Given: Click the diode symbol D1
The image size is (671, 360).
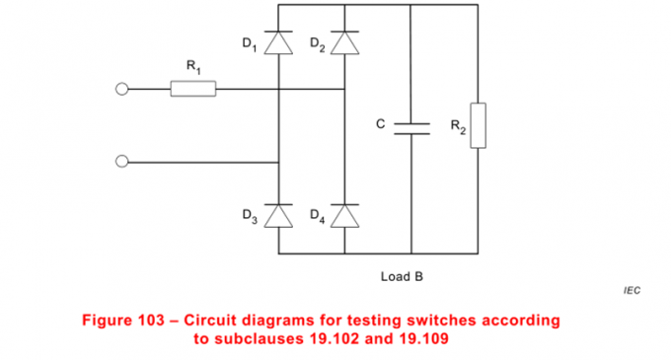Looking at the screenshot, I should [x=278, y=44].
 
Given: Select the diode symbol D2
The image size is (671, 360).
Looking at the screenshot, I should [x=343, y=44].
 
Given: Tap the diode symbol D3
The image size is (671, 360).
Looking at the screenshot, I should [x=278, y=215].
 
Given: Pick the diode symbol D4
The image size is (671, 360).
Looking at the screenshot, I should [x=343, y=215].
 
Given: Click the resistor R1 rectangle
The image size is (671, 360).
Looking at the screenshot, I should [x=192, y=90].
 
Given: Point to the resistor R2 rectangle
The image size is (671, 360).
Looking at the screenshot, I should [x=478, y=125].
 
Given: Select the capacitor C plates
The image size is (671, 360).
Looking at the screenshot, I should [x=411, y=126].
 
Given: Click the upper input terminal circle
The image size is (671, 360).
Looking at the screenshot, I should [x=122, y=90].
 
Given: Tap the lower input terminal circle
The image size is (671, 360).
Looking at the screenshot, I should [x=122, y=162].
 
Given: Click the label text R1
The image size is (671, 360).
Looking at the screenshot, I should [x=192, y=66].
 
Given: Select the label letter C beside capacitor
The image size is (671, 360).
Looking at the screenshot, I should [x=381, y=124].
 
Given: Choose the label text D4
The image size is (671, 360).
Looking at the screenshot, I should [x=316, y=214].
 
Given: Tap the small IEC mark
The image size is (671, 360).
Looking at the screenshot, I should [x=632, y=293].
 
